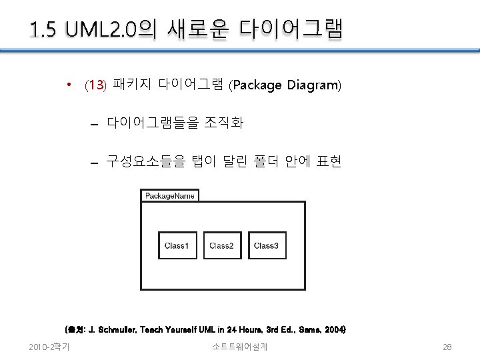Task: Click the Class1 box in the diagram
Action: (177, 245)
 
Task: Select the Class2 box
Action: (221, 245)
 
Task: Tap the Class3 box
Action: (266, 245)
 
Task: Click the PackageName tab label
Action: (170, 195)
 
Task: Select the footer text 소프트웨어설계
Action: (240, 347)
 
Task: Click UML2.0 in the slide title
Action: (107, 30)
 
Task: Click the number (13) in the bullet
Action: (95, 85)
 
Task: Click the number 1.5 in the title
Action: (44, 30)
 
